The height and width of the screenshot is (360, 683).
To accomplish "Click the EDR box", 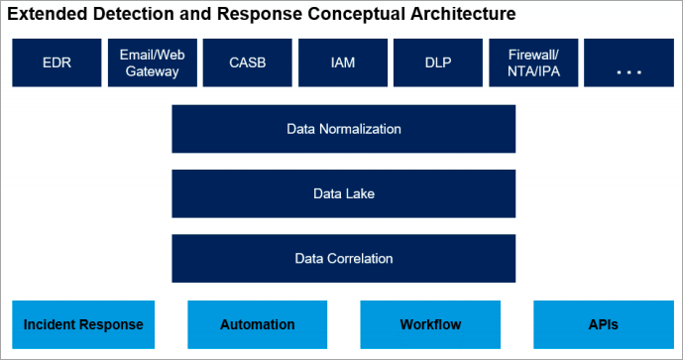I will click(57, 63).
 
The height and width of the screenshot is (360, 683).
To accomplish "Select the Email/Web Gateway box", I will click(152, 63).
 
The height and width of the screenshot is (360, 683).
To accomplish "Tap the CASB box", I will click(247, 63).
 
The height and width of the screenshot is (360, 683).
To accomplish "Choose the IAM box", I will click(342, 63).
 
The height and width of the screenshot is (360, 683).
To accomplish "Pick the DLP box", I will click(437, 63).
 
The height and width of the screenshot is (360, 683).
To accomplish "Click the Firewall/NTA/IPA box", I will click(532, 63).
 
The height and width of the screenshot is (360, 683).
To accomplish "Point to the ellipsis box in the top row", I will click(628, 63).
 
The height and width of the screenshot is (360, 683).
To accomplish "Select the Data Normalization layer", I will click(344, 129).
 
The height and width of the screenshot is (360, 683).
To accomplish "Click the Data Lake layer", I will click(344, 193).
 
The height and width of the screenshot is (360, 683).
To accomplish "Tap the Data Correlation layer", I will click(344, 258).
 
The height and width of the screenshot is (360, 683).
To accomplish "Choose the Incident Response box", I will click(83, 324).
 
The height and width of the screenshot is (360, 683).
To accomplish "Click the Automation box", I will click(258, 324).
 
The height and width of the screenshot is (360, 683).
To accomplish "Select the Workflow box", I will click(430, 324).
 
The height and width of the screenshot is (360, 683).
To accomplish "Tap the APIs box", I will click(604, 324).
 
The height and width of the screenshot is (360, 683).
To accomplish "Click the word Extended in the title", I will click(44, 14).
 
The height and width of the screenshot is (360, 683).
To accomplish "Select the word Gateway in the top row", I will click(152, 71).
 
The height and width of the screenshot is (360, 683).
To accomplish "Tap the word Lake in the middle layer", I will click(361, 193).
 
